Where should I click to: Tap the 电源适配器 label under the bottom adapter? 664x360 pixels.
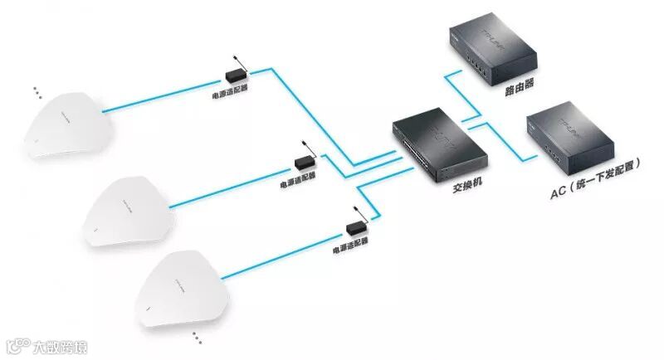click(350, 246)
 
